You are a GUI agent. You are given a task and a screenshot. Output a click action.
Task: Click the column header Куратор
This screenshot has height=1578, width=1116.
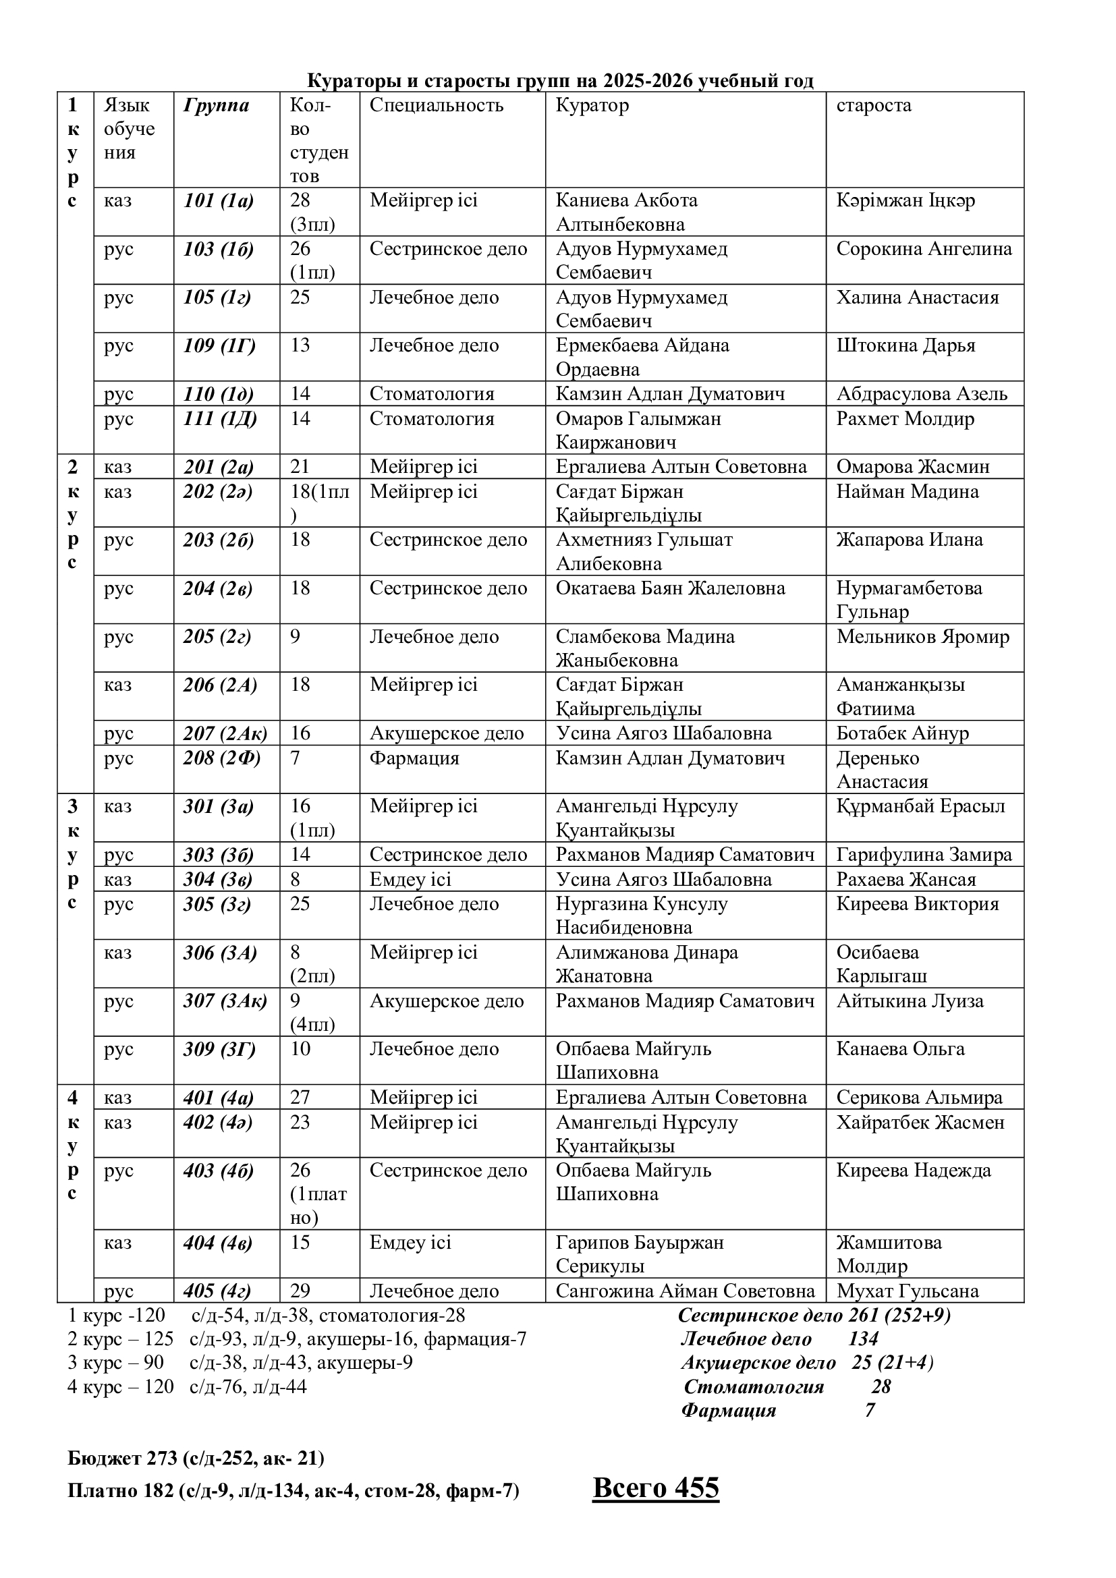point(592,105)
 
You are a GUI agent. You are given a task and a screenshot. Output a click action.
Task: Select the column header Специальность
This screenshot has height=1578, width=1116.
point(437,105)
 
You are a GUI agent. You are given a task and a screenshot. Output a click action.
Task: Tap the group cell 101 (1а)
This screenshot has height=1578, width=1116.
point(219,200)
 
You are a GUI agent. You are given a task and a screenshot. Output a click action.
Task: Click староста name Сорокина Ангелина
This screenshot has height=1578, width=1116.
point(924,249)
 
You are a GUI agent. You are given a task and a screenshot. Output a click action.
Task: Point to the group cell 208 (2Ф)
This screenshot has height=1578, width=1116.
point(221,758)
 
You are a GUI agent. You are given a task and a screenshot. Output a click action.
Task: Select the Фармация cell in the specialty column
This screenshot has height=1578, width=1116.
point(414,758)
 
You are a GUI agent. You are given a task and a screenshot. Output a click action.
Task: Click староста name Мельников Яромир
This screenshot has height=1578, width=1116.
point(922,636)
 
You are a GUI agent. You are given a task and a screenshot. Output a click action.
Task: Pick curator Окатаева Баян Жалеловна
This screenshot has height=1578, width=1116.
point(670,588)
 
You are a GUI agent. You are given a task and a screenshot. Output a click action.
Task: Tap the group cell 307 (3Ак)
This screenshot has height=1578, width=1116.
point(225,1001)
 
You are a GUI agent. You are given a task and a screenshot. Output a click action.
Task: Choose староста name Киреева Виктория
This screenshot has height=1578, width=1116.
point(917,904)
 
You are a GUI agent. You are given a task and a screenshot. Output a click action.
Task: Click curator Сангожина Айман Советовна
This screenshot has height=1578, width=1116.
point(685,1291)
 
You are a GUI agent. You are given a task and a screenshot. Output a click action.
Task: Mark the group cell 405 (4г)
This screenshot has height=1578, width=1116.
point(217,1291)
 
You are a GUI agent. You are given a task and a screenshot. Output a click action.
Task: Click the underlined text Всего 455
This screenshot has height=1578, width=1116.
point(655,1489)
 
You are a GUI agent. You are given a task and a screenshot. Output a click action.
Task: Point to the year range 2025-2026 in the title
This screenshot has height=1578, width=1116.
point(648,81)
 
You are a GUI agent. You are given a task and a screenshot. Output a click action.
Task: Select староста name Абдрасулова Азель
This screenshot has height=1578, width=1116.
point(922,394)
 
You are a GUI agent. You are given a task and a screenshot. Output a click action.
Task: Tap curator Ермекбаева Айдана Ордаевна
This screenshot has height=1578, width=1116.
point(642,358)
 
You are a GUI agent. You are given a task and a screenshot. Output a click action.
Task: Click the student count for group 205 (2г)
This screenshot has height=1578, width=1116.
point(295,636)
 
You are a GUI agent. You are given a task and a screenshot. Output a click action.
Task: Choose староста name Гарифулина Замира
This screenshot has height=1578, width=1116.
point(924,855)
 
